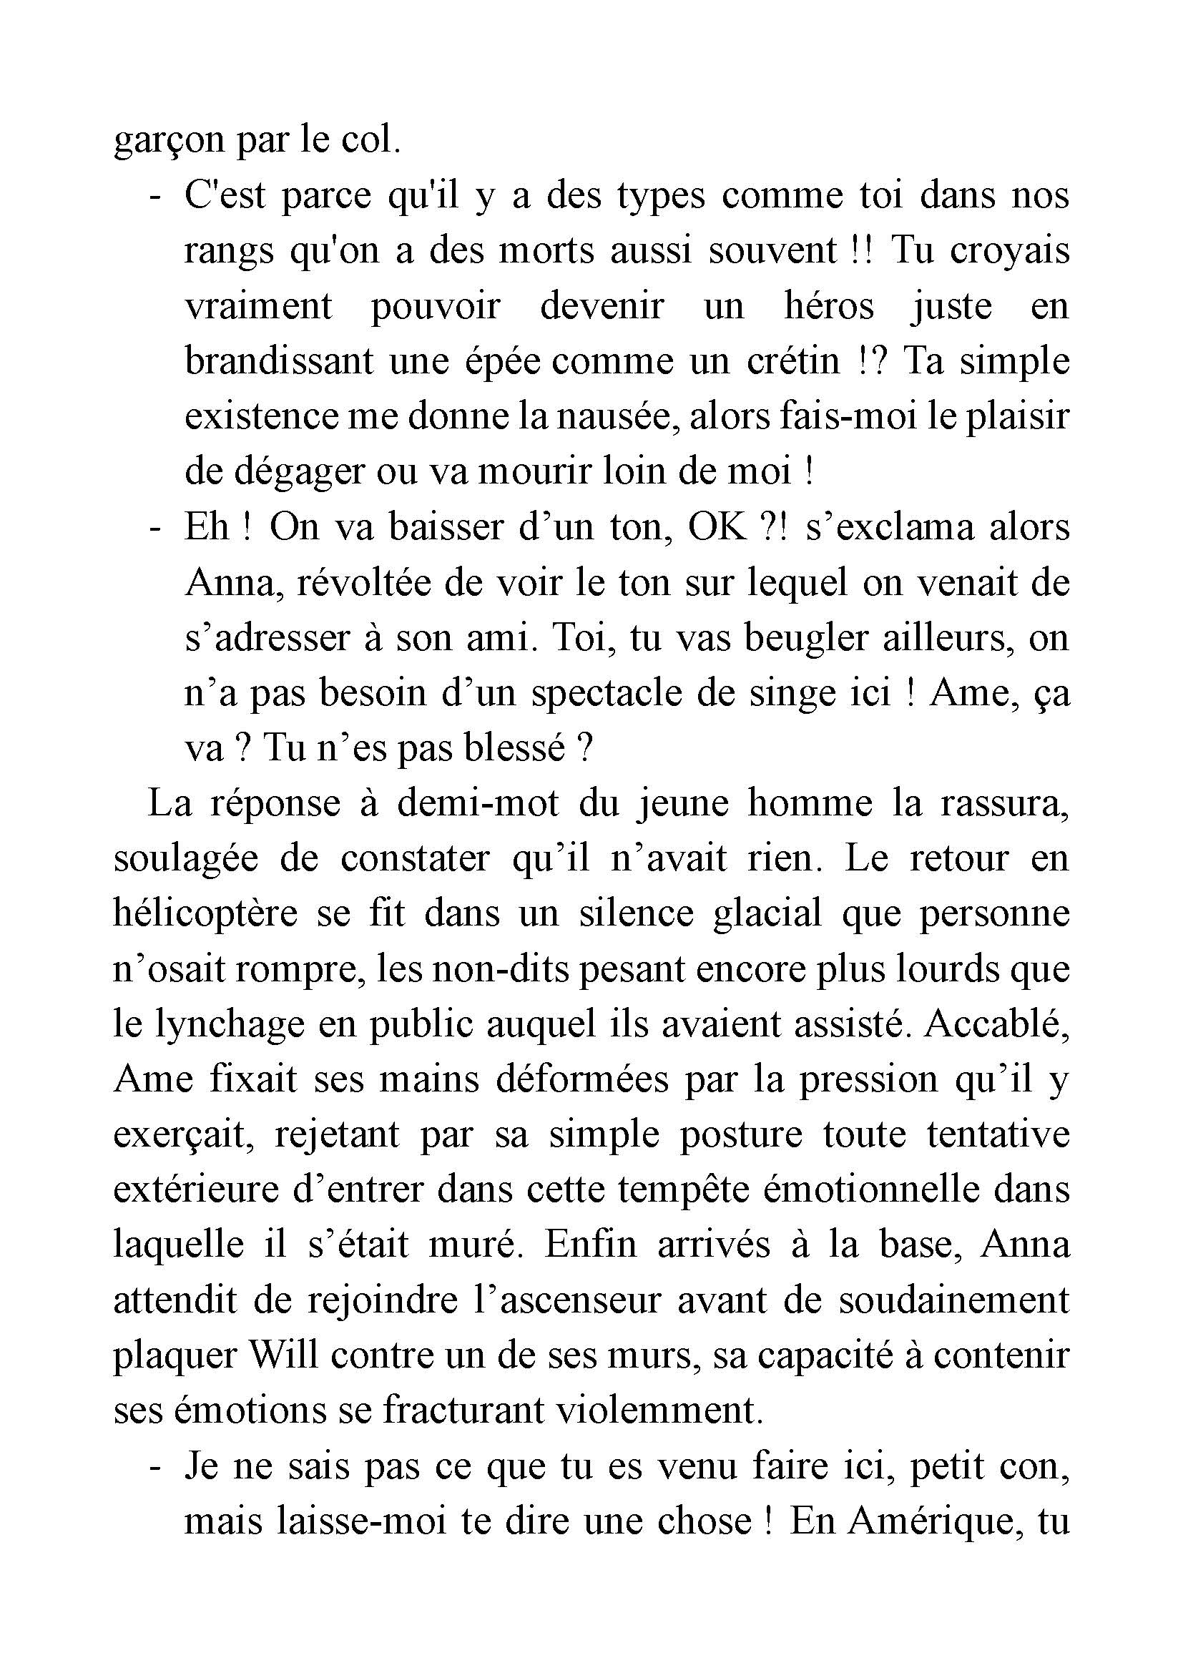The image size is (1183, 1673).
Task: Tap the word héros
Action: click(x=828, y=306)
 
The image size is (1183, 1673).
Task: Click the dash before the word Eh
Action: click(x=154, y=528)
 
